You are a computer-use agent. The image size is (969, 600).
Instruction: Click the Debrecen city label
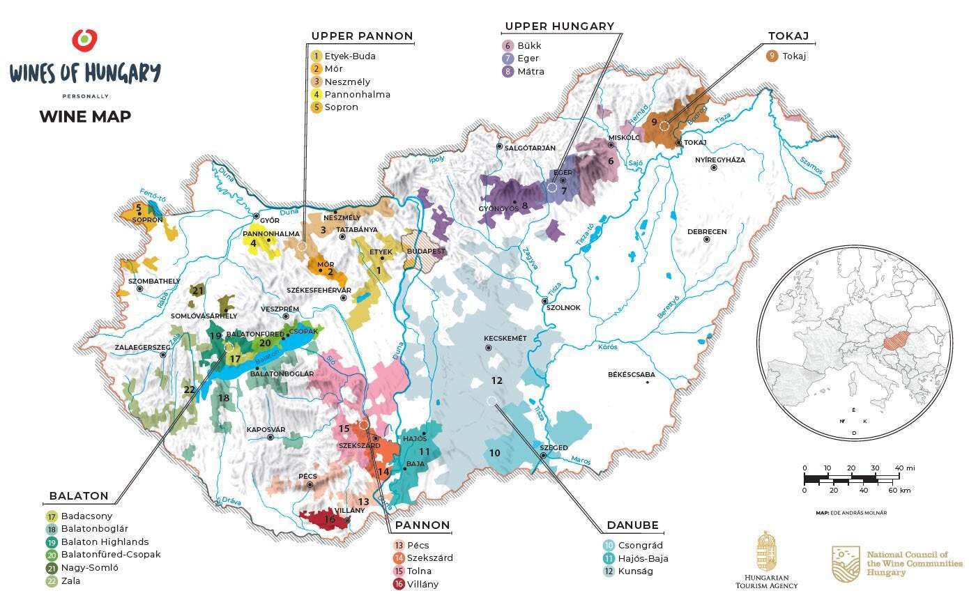[x=707, y=231]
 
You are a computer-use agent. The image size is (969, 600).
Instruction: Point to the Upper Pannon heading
[x=362, y=36]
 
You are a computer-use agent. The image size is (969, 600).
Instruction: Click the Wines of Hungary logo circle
[x=84, y=40]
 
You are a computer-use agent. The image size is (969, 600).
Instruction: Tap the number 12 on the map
[x=496, y=380]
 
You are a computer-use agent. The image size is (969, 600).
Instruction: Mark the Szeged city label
[x=554, y=447]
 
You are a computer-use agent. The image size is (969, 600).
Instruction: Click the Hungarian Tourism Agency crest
[x=766, y=551]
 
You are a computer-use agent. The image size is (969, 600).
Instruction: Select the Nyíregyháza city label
[x=719, y=160]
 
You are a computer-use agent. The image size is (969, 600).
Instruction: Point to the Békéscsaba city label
[x=632, y=374]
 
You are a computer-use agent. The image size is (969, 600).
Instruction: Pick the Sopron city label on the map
[x=147, y=220]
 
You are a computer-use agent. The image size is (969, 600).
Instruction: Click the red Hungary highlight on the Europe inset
[x=896, y=341]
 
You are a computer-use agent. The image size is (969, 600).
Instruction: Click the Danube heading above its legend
[x=632, y=525]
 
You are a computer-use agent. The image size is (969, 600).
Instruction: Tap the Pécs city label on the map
[x=307, y=476]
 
